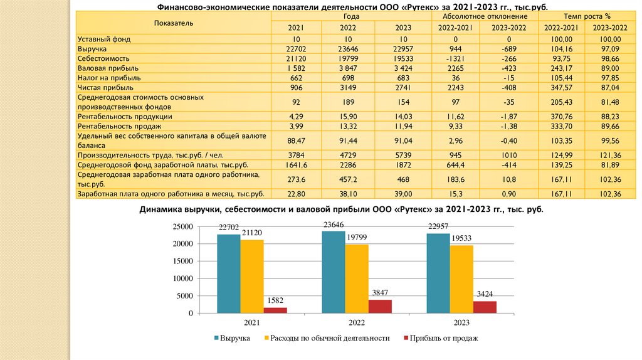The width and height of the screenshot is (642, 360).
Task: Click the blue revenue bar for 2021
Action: point(229,273)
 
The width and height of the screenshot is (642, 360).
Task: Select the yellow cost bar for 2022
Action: point(357,278)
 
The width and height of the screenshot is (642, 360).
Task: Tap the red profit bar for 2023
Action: point(485,307)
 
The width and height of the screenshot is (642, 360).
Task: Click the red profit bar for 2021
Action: point(275,310)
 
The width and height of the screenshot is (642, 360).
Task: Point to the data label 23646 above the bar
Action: point(334,225)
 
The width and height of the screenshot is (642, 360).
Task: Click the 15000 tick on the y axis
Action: point(181,261)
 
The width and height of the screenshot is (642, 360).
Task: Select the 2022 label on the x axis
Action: point(356,323)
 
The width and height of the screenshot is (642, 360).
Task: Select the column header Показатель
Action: point(174,23)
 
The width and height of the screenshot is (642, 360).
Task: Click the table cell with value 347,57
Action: point(561,87)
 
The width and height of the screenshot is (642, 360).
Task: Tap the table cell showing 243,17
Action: point(561,68)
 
